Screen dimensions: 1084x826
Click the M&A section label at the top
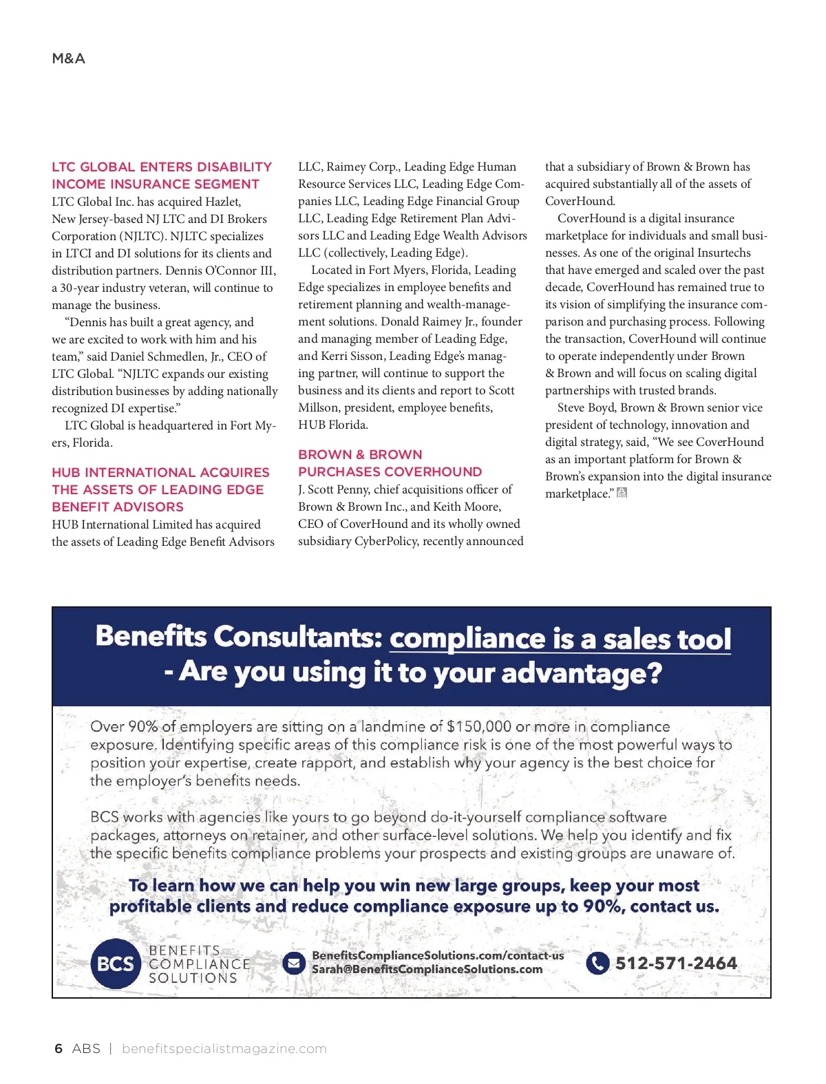pos(68,59)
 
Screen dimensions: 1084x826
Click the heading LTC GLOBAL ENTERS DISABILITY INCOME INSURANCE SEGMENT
pos(162,176)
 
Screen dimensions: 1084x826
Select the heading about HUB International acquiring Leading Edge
pos(160,489)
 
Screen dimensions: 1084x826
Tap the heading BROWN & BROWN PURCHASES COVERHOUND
pos(390,463)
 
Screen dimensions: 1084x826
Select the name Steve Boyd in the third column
pos(586,407)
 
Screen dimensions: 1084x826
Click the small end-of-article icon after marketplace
pos(622,493)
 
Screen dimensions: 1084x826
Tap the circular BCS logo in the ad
pos(115,964)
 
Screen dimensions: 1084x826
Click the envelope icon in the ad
pos(294,963)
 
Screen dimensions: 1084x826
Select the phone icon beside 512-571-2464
pos(597,963)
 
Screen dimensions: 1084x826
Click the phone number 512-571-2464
pos(676,963)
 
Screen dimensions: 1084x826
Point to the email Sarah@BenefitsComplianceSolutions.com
pos(427,969)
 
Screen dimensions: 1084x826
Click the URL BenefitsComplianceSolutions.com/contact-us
pos(438,955)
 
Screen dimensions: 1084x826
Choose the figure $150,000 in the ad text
pos(478,726)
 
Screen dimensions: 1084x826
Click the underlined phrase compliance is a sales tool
pos(560,639)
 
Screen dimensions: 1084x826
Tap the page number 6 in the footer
pos(59,1048)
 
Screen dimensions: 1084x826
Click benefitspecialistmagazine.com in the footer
pos(224,1048)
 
